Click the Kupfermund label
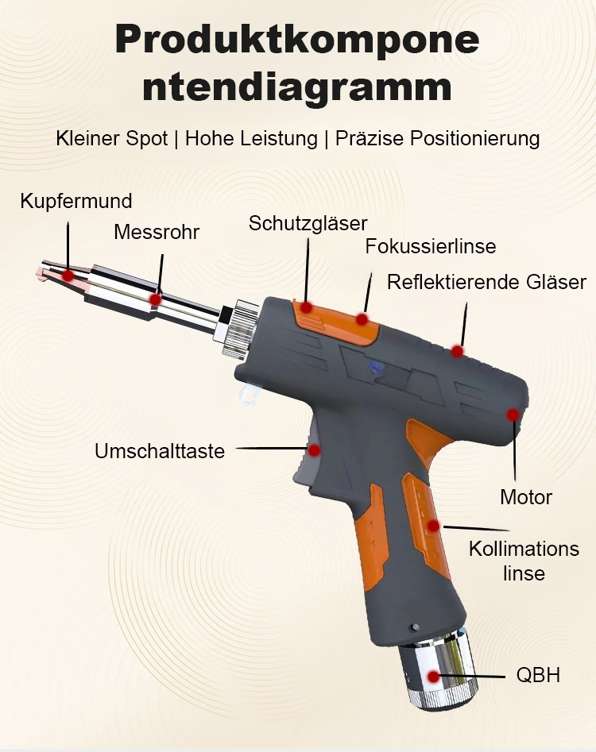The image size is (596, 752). click(x=76, y=201)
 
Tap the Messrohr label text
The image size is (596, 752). click(x=157, y=232)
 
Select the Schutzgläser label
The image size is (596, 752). click(x=308, y=223)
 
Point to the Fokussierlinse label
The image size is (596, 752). click(x=430, y=246)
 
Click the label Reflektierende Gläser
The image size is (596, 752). click(x=486, y=282)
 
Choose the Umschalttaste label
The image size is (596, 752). click(x=160, y=451)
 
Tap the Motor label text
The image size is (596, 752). click(x=526, y=498)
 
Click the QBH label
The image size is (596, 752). click(x=538, y=676)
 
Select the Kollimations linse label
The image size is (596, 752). click(x=524, y=561)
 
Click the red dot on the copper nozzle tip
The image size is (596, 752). click(x=68, y=276)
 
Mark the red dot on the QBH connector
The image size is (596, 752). click(x=433, y=677)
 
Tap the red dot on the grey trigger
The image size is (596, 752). click(x=314, y=450)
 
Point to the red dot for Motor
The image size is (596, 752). click(x=513, y=415)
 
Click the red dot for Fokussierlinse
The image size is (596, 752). click(x=362, y=319)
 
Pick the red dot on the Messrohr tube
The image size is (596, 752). click(x=156, y=299)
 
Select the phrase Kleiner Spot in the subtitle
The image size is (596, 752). click(x=112, y=138)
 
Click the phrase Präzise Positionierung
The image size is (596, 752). click(x=437, y=138)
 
